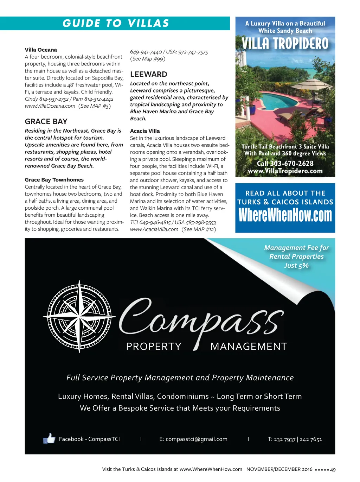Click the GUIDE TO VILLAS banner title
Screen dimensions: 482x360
click(x=116, y=23)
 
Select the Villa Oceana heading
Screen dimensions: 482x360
click(x=41, y=50)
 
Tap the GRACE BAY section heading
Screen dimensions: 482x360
click(x=46, y=121)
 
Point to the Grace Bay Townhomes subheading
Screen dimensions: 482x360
click(x=54, y=180)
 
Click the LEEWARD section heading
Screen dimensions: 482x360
click(x=148, y=74)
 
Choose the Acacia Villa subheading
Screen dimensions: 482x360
click(x=145, y=131)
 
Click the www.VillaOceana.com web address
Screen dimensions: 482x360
click(x=50, y=106)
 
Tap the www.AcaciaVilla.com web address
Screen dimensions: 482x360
click(x=154, y=229)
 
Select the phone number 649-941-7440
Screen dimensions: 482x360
click(x=146, y=52)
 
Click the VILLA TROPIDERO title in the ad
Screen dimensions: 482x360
click(x=285, y=44)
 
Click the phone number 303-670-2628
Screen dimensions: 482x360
click(x=291, y=163)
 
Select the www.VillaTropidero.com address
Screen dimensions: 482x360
click(x=285, y=171)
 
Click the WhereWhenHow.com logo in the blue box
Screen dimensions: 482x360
click(x=285, y=215)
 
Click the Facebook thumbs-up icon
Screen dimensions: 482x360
click(x=49, y=438)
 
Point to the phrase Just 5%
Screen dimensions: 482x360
click(x=296, y=266)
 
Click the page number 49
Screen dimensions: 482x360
click(x=333, y=469)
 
